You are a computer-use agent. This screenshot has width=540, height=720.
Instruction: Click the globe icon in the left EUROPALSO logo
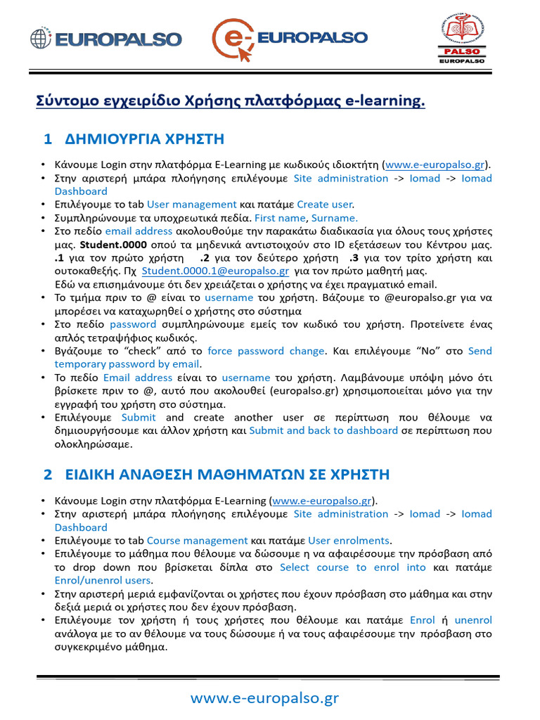[41, 39]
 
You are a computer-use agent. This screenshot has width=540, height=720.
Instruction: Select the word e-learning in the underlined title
[385, 102]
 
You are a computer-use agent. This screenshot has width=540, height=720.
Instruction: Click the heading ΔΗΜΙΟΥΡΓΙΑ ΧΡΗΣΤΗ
[143, 139]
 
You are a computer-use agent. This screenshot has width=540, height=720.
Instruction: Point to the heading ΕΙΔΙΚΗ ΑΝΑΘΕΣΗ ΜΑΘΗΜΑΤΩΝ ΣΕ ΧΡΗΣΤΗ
[226, 475]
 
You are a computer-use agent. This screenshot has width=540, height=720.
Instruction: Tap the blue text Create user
[324, 204]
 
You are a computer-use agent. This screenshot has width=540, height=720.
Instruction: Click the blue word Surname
[335, 217]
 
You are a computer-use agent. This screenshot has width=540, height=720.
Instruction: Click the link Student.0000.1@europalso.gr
[215, 271]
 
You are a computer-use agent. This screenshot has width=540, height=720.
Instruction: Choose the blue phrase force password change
[266, 350]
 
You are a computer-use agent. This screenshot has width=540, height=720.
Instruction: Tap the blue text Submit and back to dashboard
[323, 430]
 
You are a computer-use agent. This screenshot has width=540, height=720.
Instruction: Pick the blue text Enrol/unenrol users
[103, 580]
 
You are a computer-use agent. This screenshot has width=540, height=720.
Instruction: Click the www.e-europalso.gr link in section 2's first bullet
[321, 501]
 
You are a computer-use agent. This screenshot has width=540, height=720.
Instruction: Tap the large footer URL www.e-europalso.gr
[265, 697]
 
